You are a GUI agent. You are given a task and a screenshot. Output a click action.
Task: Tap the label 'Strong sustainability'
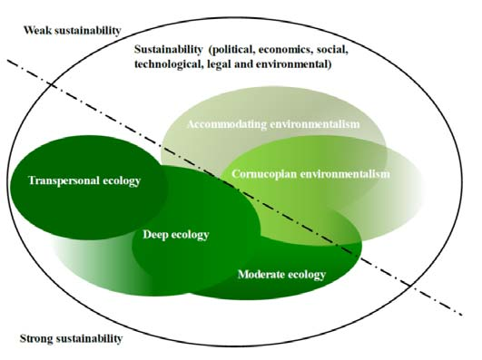point(71,340)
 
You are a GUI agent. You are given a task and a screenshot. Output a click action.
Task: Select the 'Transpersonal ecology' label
point(84,181)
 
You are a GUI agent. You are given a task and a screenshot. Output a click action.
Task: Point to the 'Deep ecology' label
point(176,236)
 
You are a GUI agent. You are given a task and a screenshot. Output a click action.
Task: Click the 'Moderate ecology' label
point(280,274)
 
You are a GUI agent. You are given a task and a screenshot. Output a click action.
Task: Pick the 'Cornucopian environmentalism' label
point(310,174)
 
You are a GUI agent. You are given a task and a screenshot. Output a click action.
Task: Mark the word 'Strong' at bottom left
point(37,340)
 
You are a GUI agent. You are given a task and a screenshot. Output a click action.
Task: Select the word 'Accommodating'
point(228,124)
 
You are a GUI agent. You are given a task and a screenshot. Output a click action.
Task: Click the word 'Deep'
point(157,236)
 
